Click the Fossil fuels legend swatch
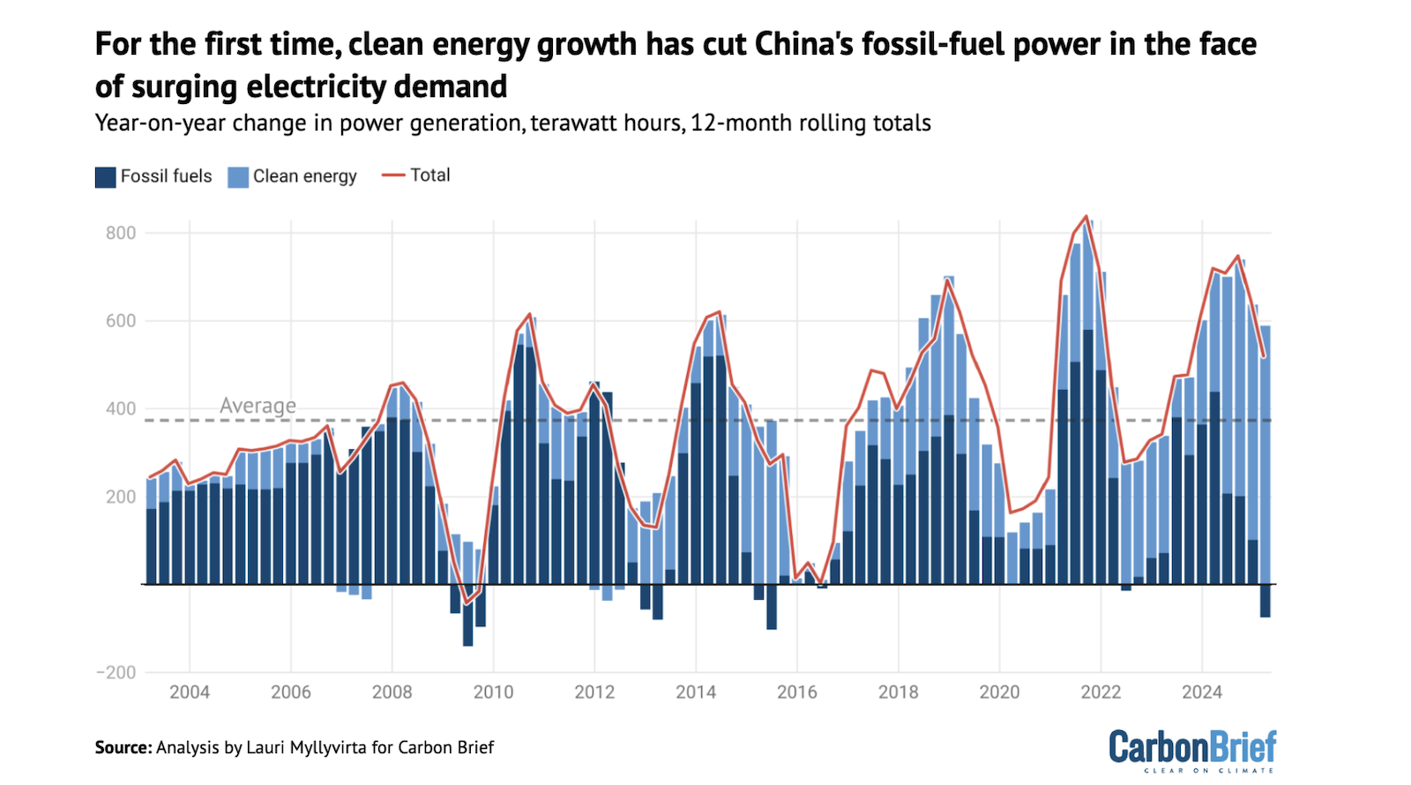pos(106,177)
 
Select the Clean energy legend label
pos(304,176)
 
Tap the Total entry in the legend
pos(429,176)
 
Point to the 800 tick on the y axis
pos(121,233)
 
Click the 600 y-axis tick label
pos(121,321)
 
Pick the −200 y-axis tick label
pos(116,672)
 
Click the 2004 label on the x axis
pos(190,692)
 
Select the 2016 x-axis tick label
pos(796,692)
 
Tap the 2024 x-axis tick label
pos(1201,692)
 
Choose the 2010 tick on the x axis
pos(493,692)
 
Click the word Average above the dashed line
pos(258,406)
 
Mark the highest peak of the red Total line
pos(1086,216)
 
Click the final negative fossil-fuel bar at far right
pos(1265,601)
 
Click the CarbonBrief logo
pos(1191,749)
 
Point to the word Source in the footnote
pos(123,748)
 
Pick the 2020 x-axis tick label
pos(999,692)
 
